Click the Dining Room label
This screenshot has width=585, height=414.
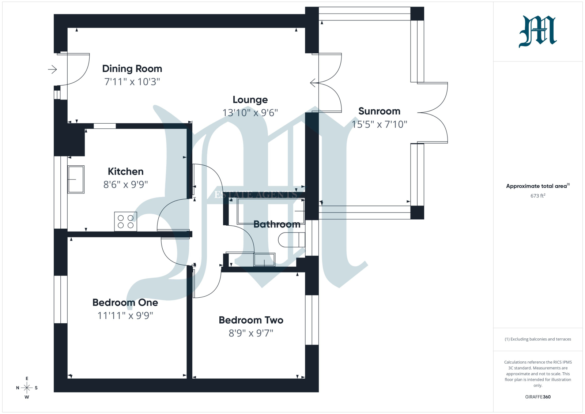pos(132,69)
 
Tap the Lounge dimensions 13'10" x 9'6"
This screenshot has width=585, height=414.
pos(250,113)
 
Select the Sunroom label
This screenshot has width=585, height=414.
pos(379,111)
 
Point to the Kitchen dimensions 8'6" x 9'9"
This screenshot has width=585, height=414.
pos(125,185)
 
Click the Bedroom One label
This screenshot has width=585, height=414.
pos(125,302)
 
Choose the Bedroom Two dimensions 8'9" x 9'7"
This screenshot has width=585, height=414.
pos(251,333)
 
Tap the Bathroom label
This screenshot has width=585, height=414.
pos(277,224)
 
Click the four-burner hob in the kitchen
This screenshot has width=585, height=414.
pos(126,222)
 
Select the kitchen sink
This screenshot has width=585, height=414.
pos(76,180)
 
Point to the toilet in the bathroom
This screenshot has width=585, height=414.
pos(291,240)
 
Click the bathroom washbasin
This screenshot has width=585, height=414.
pos(264,260)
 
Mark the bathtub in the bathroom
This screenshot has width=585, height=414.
pos(271,211)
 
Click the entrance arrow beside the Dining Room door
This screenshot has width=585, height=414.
pos(52,69)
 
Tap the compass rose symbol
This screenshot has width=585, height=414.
pos(27,388)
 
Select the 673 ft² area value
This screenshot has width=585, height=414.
pos(538,196)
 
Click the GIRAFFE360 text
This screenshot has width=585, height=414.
pos(538,397)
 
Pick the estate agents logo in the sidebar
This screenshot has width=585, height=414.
pos(538,31)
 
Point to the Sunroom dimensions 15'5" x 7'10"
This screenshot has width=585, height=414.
pos(379,124)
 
